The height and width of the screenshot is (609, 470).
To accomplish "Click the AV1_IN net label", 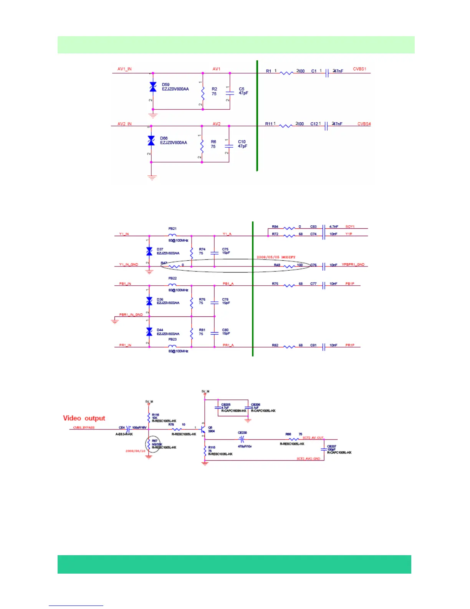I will click(x=124, y=69).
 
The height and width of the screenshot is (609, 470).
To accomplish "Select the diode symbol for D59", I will click(x=153, y=87).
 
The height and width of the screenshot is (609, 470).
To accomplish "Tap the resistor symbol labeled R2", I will click(x=203, y=92).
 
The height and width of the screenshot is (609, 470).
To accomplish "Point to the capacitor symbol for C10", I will click(x=229, y=146).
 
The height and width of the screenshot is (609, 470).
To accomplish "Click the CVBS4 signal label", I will click(x=364, y=124).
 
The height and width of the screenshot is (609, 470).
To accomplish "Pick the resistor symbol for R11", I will click(x=286, y=126).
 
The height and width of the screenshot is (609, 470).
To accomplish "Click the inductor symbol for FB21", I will click(x=172, y=235).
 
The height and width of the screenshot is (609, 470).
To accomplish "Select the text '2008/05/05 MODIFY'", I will click(x=276, y=257).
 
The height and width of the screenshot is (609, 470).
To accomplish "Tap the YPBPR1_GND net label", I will click(x=353, y=265).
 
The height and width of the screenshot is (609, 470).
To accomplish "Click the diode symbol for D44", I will click(x=149, y=331).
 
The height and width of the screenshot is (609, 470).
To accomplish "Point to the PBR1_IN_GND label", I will click(x=131, y=314).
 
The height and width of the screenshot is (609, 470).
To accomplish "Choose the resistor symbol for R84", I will click(x=289, y=228).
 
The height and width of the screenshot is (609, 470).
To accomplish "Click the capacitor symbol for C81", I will click(x=324, y=347).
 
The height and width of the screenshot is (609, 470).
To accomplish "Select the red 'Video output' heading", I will click(x=84, y=418).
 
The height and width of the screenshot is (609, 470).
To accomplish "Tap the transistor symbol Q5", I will click(x=203, y=429).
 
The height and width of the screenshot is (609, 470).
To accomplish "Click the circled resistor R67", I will click(x=149, y=445).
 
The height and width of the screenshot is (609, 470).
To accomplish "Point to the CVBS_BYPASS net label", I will click(x=84, y=428).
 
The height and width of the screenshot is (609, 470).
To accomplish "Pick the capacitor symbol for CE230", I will click(x=242, y=439).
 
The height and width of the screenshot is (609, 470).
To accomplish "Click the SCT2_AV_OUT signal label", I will click(x=313, y=438).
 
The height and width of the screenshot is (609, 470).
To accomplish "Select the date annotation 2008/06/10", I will click(x=135, y=451).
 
